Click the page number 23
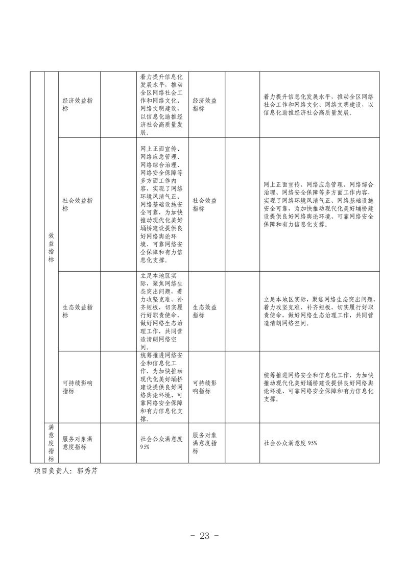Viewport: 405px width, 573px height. click(204, 536)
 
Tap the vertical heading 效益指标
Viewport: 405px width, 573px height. click(51, 247)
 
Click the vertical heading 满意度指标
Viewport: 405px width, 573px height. click(51, 443)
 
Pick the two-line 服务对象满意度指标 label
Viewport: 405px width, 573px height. click(77, 443)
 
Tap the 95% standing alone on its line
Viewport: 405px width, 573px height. click(145, 447)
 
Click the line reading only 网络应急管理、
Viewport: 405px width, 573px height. click(159, 157)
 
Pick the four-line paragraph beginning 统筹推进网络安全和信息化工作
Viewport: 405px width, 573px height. click(319, 387)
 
